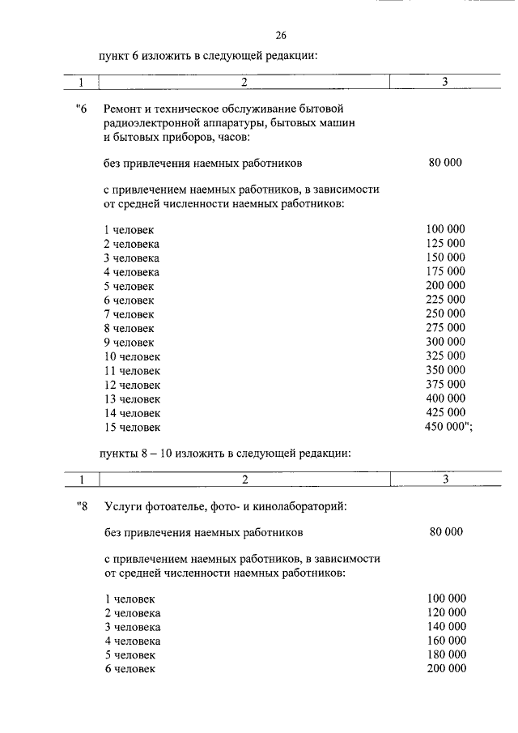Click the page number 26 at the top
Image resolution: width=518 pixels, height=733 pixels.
click(x=281, y=35)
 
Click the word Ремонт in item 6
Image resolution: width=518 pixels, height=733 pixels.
click(x=124, y=109)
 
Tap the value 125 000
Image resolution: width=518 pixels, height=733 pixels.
click(x=445, y=243)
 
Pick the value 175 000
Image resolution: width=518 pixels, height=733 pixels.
click(x=445, y=271)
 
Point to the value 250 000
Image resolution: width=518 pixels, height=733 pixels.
click(x=445, y=313)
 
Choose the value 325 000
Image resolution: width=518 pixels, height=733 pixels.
click(x=445, y=356)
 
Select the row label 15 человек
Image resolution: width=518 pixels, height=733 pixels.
click(x=133, y=427)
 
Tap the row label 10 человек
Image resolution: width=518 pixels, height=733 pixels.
click(x=133, y=356)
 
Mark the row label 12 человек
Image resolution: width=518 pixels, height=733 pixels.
click(x=133, y=385)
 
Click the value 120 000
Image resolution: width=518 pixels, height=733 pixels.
click(x=446, y=612)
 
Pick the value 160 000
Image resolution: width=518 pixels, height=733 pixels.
click(x=446, y=640)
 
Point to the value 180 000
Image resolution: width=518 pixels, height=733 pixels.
click(x=446, y=654)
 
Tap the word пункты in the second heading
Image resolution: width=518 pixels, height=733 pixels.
click(x=120, y=454)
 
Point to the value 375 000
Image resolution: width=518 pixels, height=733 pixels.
click(x=445, y=384)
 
